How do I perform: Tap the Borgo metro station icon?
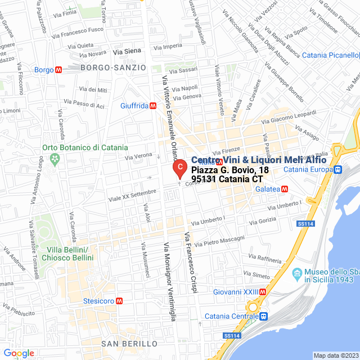click(58, 70)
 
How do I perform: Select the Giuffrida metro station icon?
click(154, 106)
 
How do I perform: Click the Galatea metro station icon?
click(285, 189)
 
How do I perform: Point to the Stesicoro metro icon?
click(119, 300)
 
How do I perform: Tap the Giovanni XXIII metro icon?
click(263, 291)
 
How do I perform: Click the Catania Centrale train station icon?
click(263, 316)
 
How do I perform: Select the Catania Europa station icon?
click(337, 169)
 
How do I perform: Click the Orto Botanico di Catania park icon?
click(55, 160)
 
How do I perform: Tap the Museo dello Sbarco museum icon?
click(298, 275)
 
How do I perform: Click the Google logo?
click(19, 353)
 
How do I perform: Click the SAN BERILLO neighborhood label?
click(129, 343)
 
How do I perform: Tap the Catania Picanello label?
click(330, 55)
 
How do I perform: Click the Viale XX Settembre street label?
click(132, 193)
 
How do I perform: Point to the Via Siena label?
click(127, 52)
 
